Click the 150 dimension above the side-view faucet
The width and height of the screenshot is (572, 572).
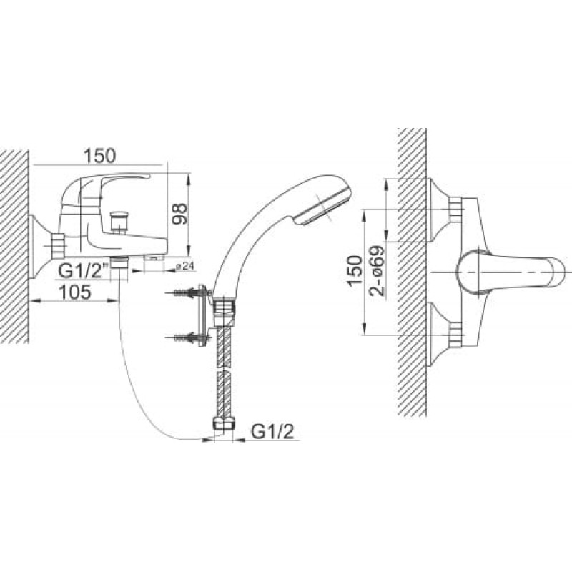pyautogui.click(x=99, y=156)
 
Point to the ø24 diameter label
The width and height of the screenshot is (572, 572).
pyautogui.click(x=185, y=266)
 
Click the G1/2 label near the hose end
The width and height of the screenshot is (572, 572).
pyautogui.click(x=272, y=433)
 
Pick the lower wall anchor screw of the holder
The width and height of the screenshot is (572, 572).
pyautogui.click(x=189, y=337)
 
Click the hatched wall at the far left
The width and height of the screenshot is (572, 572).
pyautogui.click(x=14, y=246)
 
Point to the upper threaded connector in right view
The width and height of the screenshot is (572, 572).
pyautogui.click(x=455, y=209)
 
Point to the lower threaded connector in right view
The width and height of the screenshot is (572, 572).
pyautogui.click(x=455, y=335)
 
